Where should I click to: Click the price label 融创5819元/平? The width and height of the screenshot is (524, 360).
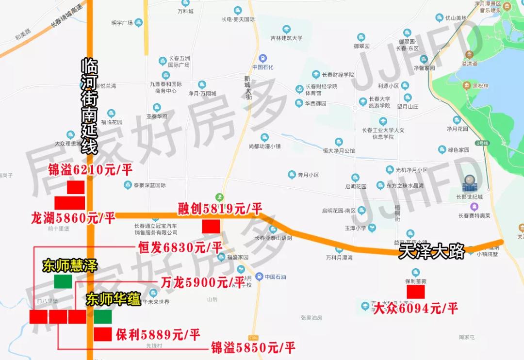pos(220,209)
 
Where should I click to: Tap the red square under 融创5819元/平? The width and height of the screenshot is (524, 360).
pos(211,226)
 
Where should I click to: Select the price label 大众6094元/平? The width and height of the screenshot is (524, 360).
pos(415,308)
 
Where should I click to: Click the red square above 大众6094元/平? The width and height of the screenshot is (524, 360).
pos(416,292)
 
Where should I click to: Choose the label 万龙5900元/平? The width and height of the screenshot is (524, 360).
pos(202,282)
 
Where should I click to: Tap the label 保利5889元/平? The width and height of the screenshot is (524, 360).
pos(158,334)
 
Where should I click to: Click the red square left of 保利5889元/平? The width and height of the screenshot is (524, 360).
pos(103,334)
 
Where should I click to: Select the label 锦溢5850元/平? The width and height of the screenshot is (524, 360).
pos(253,347)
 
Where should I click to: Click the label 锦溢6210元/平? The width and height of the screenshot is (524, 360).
pos(90,170)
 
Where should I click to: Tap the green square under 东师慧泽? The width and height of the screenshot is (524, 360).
pos(63,281)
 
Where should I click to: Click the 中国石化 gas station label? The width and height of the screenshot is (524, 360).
pos(263,67)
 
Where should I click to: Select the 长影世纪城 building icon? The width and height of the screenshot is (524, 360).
pos(470,183)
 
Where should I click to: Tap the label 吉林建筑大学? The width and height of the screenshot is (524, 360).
pos(286,38)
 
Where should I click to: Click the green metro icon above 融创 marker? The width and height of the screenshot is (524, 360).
pos(220,196)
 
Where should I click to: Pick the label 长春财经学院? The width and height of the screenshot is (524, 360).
pos(338,75)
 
